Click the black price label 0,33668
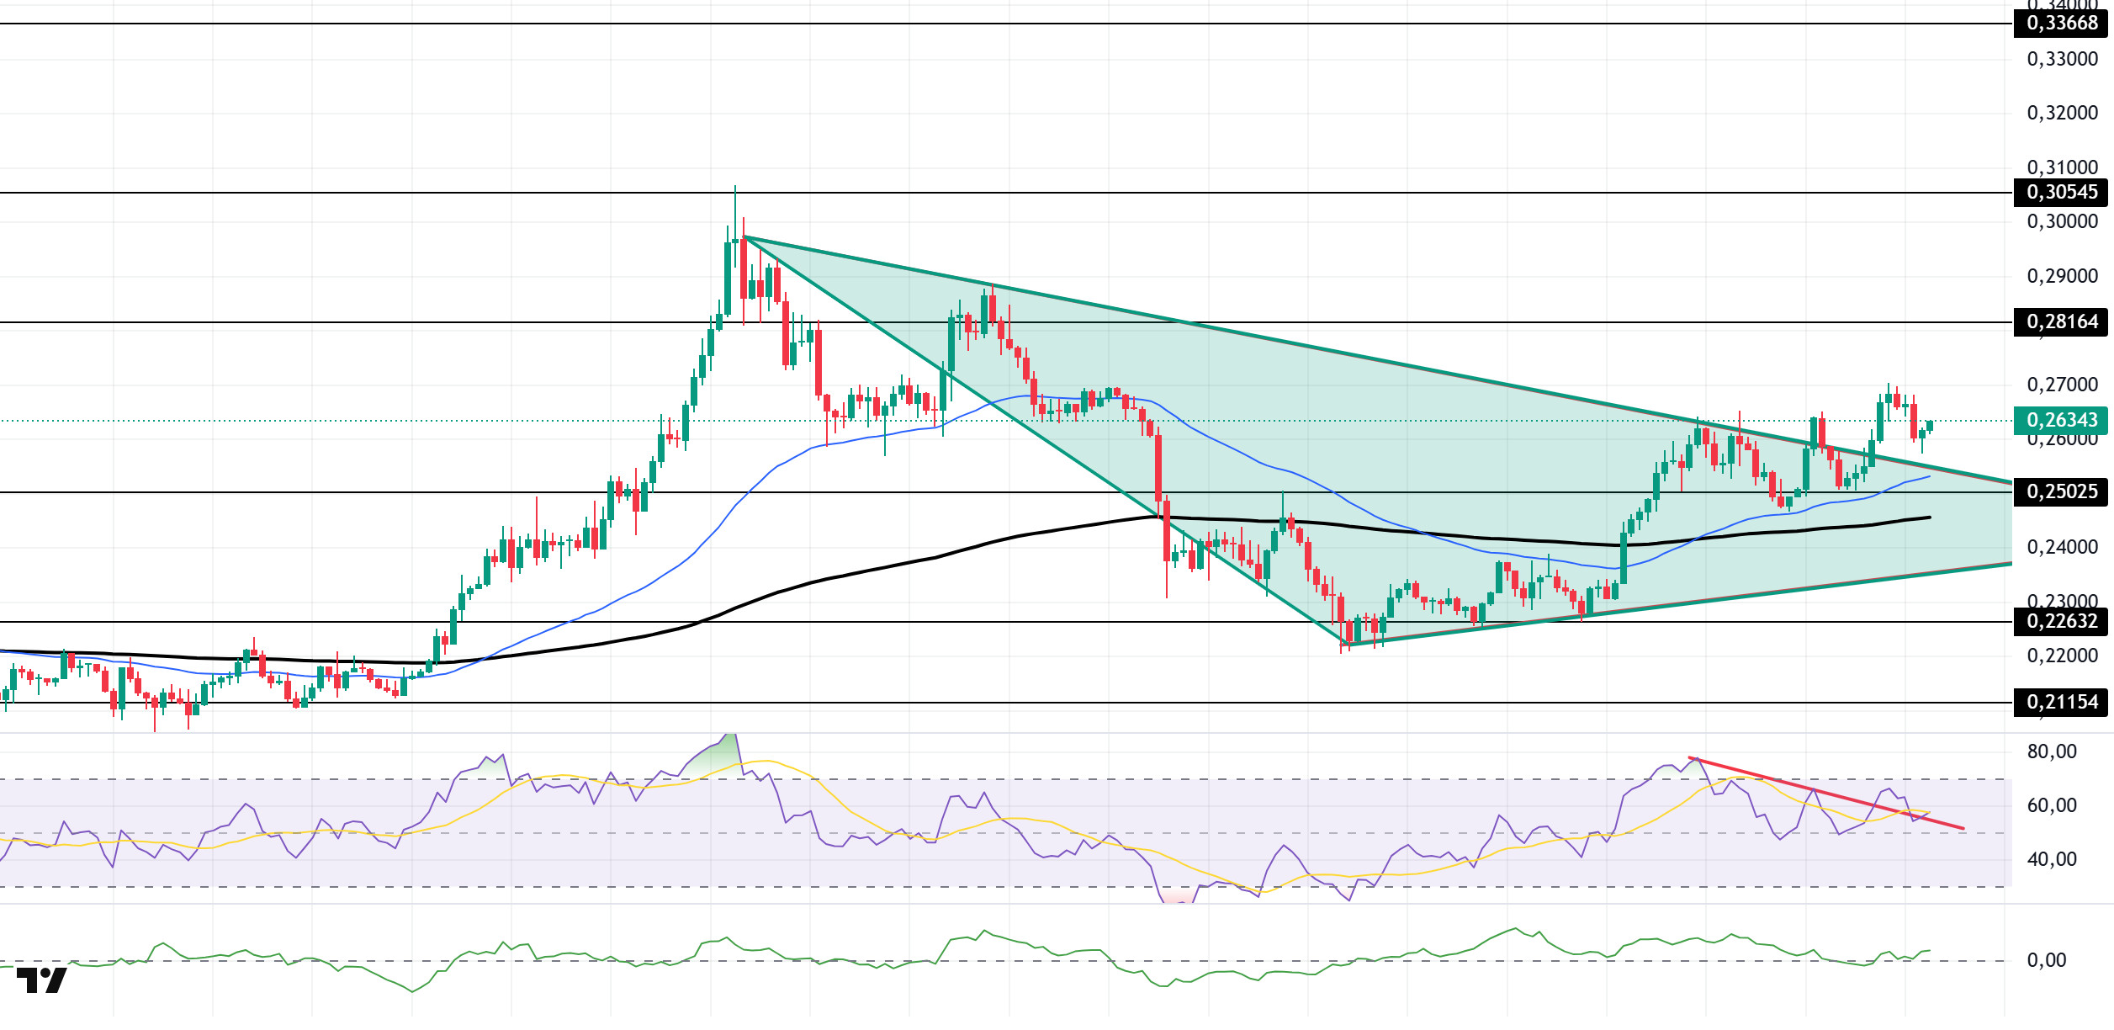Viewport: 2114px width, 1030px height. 2062,24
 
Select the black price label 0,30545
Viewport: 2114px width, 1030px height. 2062,193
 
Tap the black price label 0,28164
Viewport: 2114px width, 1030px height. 2062,322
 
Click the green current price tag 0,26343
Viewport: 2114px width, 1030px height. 2062,420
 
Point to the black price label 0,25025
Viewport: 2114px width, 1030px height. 2062,491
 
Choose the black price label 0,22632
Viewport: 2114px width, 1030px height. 2062,622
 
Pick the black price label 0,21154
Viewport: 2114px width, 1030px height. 2062,703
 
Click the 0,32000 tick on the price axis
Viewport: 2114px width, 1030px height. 2062,114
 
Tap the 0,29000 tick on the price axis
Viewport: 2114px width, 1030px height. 2062,277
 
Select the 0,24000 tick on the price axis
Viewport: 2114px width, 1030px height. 2062,548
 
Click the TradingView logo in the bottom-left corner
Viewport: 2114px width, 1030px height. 41,981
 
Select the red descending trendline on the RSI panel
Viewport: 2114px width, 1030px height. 1825,794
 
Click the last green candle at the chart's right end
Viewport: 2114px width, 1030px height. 1929,427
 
